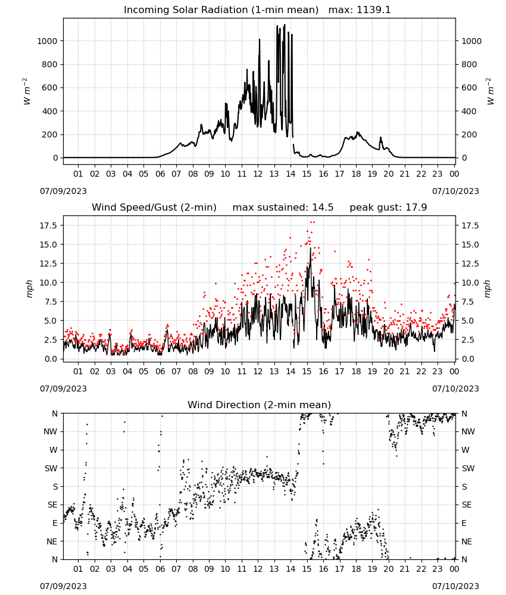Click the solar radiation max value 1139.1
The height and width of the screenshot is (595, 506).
click(x=373, y=10)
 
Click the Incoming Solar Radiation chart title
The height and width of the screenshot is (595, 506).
click(x=221, y=10)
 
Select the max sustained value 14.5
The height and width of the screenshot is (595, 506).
click(x=323, y=207)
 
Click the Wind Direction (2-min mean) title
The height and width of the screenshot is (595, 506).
click(x=260, y=405)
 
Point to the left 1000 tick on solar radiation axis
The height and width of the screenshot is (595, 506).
click(x=47, y=41)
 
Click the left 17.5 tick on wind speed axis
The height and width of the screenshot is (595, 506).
click(x=49, y=226)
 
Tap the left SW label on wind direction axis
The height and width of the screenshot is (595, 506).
click(x=51, y=468)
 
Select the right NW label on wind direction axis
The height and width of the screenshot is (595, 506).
click(x=468, y=431)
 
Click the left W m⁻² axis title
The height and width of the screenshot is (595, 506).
click(x=26, y=92)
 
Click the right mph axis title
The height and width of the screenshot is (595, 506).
click(x=488, y=289)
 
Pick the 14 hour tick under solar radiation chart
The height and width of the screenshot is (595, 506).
click(x=291, y=174)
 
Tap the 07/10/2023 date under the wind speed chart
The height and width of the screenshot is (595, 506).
click(x=455, y=389)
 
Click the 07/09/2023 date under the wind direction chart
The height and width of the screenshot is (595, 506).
click(x=63, y=586)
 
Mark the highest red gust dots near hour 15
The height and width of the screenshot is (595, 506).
click(x=313, y=223)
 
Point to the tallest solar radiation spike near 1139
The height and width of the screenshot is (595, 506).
click(x=285, y=24)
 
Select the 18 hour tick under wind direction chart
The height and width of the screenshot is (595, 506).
click(x=356, y=569)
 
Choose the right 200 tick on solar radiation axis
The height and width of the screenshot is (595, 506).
click(x=469, y=134)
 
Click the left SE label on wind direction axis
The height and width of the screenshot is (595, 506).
click(x=52, y=505)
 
